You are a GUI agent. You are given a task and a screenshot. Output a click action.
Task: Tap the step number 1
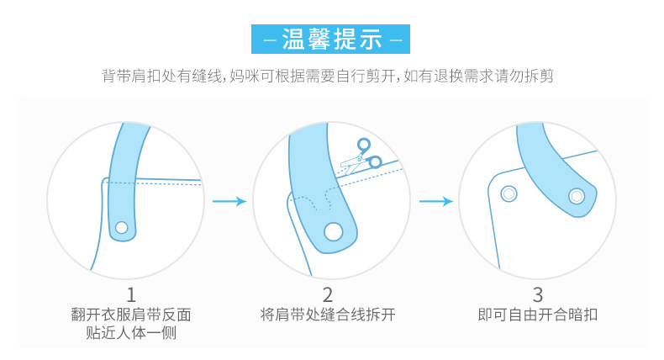point(131,294)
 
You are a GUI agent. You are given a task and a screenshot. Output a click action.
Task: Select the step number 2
point(328,294)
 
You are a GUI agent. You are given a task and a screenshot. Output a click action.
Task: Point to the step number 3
point(538,294)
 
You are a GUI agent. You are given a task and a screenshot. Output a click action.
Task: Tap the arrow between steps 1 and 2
point(229,201)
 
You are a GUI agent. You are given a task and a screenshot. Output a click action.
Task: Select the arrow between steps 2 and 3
point(435,201)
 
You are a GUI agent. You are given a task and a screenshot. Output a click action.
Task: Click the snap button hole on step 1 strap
point(122,227)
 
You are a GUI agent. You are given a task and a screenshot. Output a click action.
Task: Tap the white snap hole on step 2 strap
point(335,230)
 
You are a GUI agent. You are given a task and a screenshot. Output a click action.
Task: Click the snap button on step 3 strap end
point(576,196)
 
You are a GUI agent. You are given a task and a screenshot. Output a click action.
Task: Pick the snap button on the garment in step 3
point(508,194)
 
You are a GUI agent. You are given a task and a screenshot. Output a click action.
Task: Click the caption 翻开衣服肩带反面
point(131,316)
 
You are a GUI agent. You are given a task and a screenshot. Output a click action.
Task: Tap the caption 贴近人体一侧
point(131,333)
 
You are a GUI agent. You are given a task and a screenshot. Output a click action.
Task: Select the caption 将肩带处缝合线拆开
point(328,316)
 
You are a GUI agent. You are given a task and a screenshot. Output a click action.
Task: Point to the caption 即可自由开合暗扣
point(538,316)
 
